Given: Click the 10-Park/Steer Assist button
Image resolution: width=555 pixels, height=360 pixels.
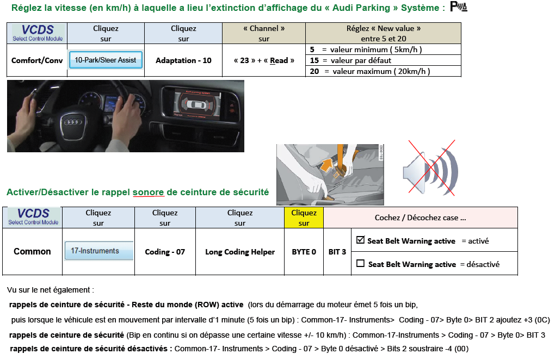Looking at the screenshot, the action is click(x=106, y=60).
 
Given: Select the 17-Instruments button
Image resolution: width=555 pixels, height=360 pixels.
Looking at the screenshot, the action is click(x=98, y=251).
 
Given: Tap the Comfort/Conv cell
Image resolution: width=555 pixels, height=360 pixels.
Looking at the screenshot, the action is click(x=37, y=60).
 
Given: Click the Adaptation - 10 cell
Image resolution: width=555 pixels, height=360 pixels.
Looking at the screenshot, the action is click(x=183, y=60).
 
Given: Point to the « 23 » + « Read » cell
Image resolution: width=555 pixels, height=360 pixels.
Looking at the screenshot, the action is click(x=264, y=60).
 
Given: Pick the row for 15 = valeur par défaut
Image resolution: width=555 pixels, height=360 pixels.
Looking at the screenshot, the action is click(x=384, y=60).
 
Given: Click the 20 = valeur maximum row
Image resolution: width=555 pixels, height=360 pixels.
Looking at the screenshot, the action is click(x=384, y=71).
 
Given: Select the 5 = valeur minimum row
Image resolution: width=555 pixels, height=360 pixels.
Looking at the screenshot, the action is click(x=384, y=49).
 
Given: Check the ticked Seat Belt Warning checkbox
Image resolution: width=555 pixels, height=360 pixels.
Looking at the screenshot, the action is click(x=360, y=240).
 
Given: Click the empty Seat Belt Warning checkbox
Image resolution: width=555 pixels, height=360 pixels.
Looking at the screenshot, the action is click(x=360, y=263).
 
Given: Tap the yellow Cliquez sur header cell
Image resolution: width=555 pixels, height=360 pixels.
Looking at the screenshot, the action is click(x=304, y=218).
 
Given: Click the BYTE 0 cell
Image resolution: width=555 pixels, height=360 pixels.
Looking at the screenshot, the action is click(x=304, y=252).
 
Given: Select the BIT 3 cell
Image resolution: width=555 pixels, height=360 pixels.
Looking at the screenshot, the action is click(x=337, y=252).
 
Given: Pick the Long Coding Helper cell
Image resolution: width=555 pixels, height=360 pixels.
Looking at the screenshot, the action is click(x=240, y=252).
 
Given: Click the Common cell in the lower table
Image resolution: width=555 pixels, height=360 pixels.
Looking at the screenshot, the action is click(x=32, y=251).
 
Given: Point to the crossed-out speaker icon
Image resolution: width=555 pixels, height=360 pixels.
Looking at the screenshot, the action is click(x=431, y=169).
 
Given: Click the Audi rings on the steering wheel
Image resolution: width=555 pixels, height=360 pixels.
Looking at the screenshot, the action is click(x=72, y=122).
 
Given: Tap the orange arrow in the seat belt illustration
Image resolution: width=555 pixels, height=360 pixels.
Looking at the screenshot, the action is click(x=327, y=165).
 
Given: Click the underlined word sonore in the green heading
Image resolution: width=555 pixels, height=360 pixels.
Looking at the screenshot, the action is click(x=149, y=192).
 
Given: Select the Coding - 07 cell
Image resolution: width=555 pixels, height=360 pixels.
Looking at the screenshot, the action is click(x=165, y=252).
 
